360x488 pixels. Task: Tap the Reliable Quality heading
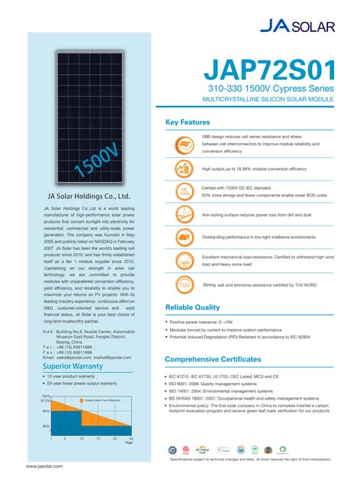pos(194,307)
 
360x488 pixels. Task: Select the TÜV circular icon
pos(184,285)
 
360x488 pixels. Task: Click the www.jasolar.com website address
pos(44,465)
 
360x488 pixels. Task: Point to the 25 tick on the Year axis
pos(132,440)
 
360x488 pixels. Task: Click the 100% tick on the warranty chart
pos(46,396)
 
